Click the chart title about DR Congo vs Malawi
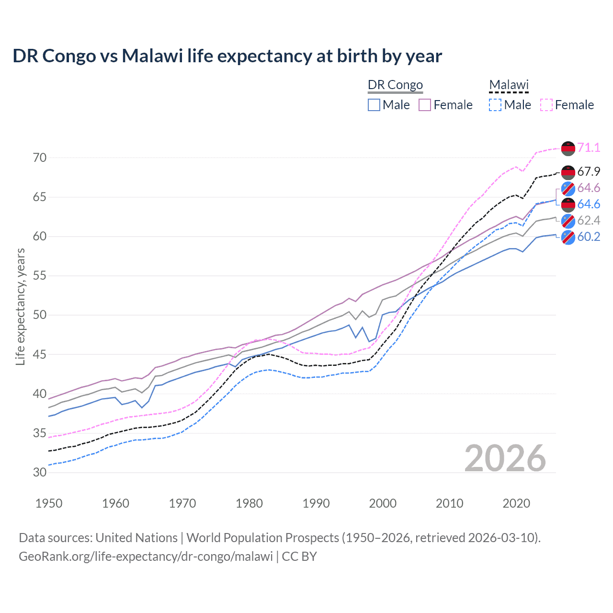click(227, 56)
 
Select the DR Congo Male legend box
click(374, 105)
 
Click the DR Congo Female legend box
click(425, 105)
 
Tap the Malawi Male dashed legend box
click(495, 105)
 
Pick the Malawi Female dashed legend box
click(546, 105)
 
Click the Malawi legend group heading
click(509, 85)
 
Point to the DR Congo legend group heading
click(395, 85)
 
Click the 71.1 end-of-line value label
click(589, 148)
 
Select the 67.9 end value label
click(589, 171)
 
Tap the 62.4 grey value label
click(589, 220)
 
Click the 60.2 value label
click(589, 237)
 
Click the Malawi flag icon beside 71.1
click(568, 148)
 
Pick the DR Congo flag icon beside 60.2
click(568, 237)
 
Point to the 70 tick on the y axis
click(40, 158)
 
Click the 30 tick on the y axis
click(40, 472)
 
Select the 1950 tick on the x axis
click(49, 503)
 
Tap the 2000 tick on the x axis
click(383, 503)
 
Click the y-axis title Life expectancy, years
click(20, 306)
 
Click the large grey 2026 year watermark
click(505, 458)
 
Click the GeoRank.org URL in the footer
click(146, 556)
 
